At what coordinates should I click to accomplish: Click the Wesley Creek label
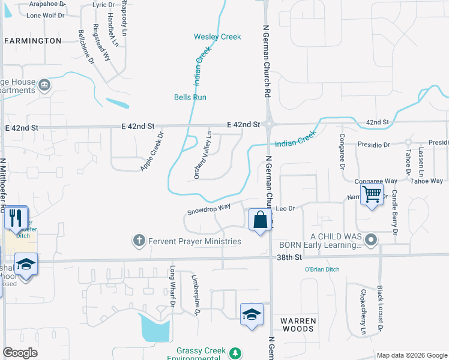pos(217,37)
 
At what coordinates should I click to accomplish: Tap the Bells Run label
pos(190,97)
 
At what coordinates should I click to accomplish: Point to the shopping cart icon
pos(372,194)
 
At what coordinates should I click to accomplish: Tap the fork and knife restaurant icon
pos(16,217)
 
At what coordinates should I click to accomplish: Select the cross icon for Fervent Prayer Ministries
pos(139,241)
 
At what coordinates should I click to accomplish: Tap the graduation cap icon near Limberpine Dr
pos(252,314)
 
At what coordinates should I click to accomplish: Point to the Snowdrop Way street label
pos(209,209)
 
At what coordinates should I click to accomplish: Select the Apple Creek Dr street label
pos(152,152)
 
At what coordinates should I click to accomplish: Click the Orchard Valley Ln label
pos(202,155)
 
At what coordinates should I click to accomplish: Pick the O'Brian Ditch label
pos(322,269)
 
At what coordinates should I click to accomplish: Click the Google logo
pos(20,353)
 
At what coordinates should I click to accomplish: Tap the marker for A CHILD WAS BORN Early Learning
pos(371,241)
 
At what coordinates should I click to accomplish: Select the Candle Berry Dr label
pos(394,212)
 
